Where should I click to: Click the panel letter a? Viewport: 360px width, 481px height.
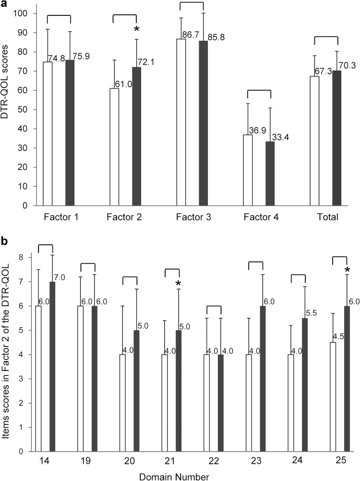point(4,4)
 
